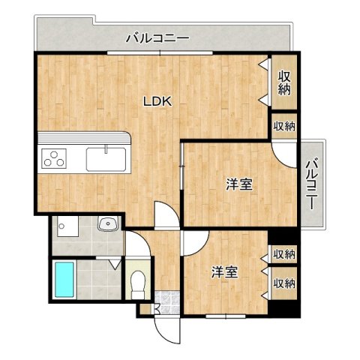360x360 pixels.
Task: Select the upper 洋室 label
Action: point(239,184)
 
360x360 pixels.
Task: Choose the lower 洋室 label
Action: point(224,271)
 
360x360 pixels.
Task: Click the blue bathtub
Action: point(64,279)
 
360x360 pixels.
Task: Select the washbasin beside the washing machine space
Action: point(108,223)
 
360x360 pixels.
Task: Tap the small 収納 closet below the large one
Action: point(284,125)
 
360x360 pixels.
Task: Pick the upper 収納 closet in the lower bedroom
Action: point(283,255)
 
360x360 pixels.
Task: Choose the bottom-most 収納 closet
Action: point(283,283)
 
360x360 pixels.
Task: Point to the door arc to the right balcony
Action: point(285,152)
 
